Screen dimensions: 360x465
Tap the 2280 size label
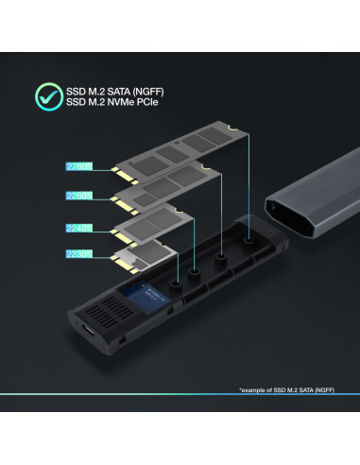[x=77, y=165]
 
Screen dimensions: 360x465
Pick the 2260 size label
[x=77, y=196]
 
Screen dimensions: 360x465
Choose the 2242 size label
[x=77, y=227]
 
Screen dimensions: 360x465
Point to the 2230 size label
[x=77, y=253]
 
